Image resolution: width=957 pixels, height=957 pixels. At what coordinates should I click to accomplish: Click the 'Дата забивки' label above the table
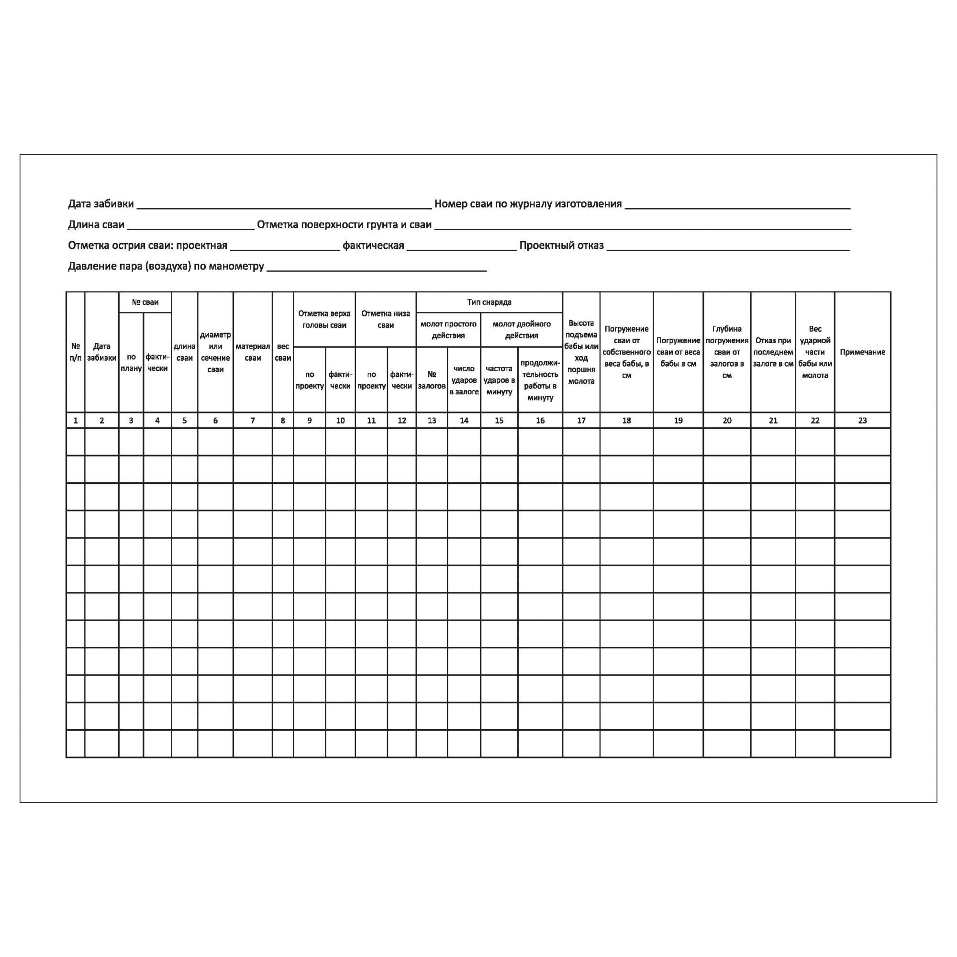coord(100,203)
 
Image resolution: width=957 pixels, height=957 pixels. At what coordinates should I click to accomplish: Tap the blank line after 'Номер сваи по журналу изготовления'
coord(737,207)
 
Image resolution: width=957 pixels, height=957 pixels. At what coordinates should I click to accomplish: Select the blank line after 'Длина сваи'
coord(191,228)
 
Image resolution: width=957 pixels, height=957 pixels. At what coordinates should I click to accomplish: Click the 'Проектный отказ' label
coord(561,245)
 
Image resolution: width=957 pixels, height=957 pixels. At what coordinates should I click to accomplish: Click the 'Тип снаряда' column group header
coord(489,302)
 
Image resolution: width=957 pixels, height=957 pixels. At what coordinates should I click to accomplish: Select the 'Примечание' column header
coord(862,352)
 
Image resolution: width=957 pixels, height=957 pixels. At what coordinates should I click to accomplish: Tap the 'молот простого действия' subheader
coord(448,329)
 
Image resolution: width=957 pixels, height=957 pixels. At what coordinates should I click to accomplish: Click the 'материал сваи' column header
coord(253,352)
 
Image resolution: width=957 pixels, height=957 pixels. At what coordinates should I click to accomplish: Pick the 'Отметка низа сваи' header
coord(385,320)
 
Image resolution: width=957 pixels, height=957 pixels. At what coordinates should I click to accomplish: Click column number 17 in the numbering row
coord(581,421)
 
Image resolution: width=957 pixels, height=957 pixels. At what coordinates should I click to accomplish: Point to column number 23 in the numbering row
coord(862,421)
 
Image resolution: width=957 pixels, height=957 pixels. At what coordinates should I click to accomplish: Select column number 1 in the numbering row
coord(75,421)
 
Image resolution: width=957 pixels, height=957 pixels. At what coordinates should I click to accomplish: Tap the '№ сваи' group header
coord(145,302)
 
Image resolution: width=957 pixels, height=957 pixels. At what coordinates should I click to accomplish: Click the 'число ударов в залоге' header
coord(464,380)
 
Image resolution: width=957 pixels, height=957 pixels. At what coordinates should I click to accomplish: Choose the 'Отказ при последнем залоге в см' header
coord(773,352)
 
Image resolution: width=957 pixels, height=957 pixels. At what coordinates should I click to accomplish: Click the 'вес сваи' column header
coord(283,352)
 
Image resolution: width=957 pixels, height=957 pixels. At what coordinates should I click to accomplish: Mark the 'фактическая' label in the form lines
coord(373,245)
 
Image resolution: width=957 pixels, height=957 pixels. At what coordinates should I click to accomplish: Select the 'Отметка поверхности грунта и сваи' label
coord(344,225)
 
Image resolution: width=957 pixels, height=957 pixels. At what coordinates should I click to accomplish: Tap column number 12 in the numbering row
coord(402,421)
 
